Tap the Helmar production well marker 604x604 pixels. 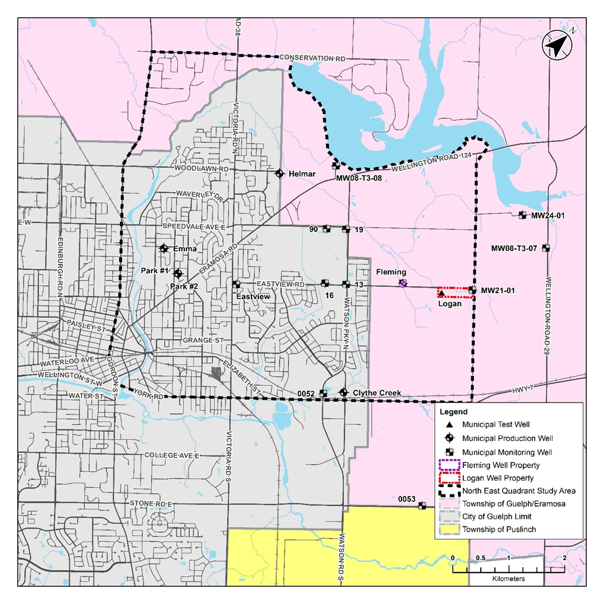[279, 173]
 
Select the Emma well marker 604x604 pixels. [164, 248]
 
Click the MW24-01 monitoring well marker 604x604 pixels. [522, 215]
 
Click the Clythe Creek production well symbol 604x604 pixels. [344, 392]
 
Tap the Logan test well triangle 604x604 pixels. [442, 293]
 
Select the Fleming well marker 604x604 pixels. [403, 284]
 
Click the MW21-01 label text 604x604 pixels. [497, 290]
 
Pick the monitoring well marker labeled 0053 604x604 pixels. [422, 506]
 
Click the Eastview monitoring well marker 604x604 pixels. [236, 284]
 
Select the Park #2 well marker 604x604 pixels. [178, 273]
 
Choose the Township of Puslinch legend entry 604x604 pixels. [498, 530]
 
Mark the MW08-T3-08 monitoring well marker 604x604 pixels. [336, 165]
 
